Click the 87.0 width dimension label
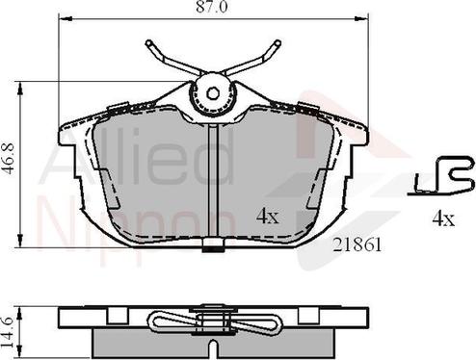(212, 7)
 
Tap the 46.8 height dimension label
(9, 159)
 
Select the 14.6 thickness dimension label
(7, 332)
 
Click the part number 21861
(357, 245)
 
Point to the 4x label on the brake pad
(268, 218)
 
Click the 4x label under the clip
(443, 219)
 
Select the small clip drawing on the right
(441, 176)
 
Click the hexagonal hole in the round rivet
(212, 93)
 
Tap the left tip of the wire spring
(148, 42)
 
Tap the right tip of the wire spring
(278, 42)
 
